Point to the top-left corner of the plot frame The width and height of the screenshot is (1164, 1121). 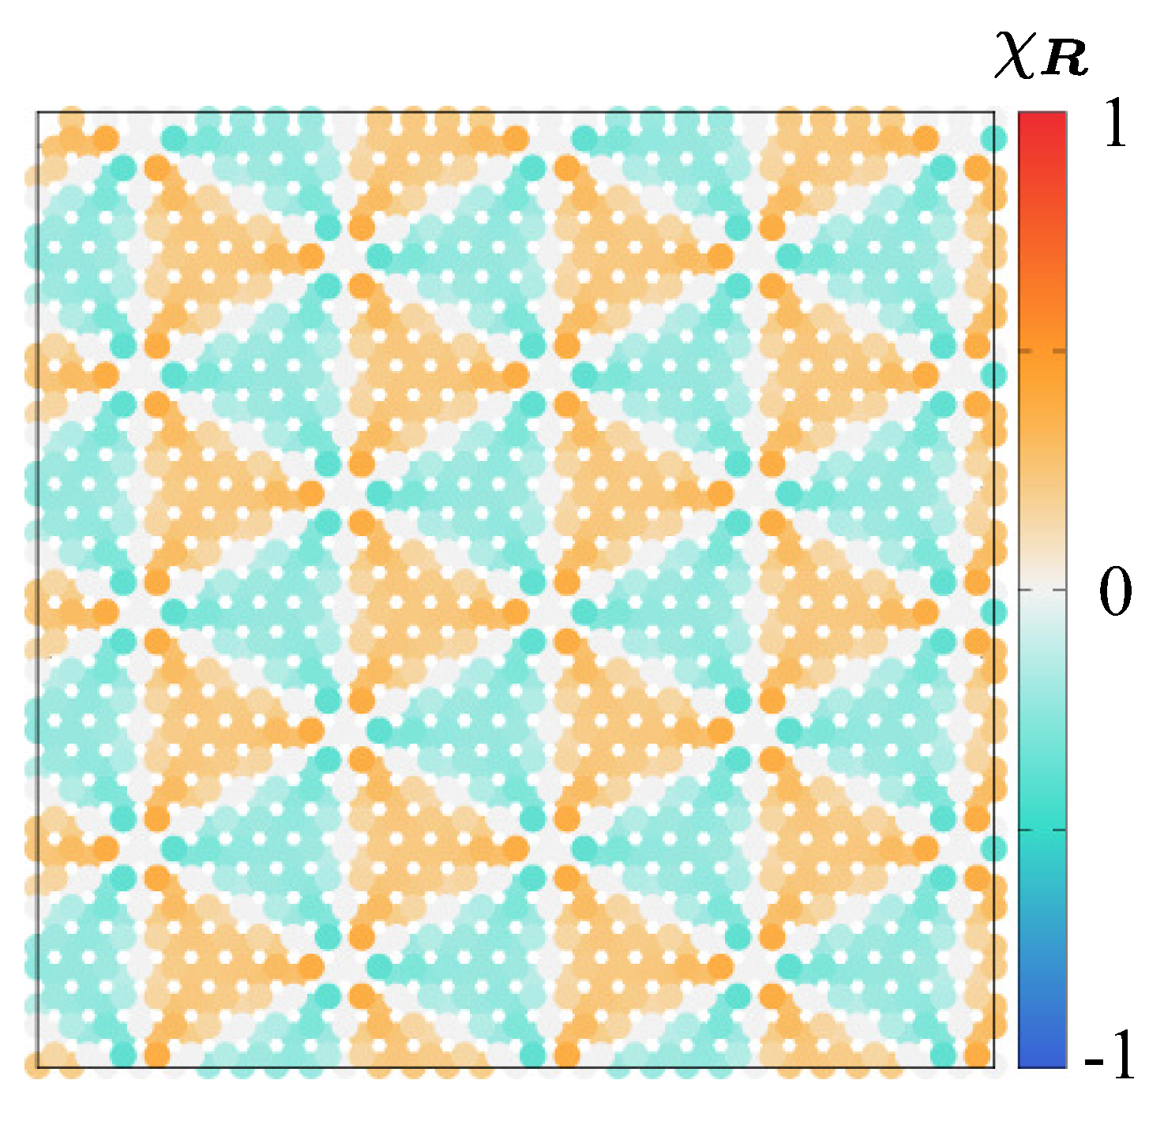tap(38, 112)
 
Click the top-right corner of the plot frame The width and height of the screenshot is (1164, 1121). tap(993, 112)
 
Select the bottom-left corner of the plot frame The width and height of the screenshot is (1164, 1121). tap(38, 1067)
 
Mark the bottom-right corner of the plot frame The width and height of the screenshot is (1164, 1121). tap(993, 1067)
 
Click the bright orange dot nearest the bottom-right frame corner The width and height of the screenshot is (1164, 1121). tap(977, 1055)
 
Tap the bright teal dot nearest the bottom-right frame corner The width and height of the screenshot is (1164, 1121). tap(943, 1055)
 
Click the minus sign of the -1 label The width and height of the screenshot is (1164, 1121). tap(1095, 1060)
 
